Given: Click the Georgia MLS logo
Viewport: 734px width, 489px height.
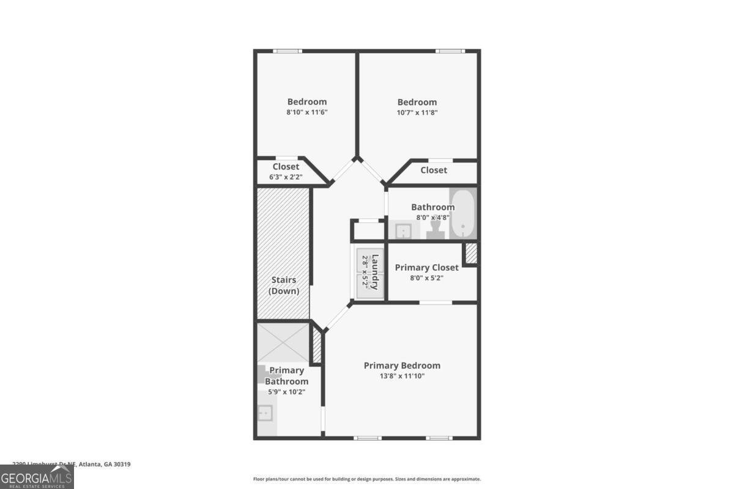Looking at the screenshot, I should point(37,477).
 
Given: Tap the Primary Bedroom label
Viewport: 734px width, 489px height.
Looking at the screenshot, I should point(402,366).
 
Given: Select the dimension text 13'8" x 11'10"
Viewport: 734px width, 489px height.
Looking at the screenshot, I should point(402,376).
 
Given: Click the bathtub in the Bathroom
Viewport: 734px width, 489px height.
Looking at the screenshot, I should point(463,213).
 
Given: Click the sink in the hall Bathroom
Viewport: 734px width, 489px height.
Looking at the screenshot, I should point(403,231).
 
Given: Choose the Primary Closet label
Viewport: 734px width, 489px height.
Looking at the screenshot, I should point(426,268).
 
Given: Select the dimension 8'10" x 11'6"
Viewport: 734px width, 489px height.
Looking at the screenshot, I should point(307,112).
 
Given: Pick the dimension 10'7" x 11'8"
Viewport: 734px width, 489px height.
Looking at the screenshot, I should point(417,112).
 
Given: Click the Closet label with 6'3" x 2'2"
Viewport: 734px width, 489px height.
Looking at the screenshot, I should point(286,167).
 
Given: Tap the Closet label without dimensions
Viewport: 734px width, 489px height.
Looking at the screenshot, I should point(434,170).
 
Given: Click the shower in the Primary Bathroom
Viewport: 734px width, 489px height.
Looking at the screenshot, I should point(283,342).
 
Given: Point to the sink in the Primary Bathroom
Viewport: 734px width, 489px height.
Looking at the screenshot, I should point(265,414).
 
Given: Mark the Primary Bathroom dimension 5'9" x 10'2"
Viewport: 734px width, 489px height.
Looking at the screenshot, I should point(286,392).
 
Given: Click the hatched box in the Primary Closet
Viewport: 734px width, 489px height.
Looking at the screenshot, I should point(470,254).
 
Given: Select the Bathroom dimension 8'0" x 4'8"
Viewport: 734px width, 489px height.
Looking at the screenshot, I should point(432,216).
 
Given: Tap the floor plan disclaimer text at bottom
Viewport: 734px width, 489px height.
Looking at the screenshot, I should point(367,479).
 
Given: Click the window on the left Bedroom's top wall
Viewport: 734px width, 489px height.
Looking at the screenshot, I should point(287,51).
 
